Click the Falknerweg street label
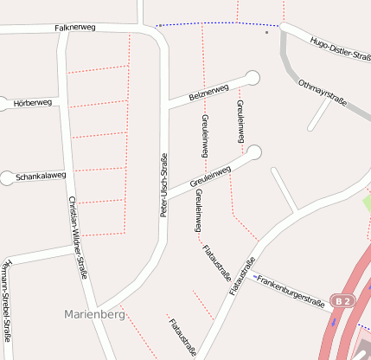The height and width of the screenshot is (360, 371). [74, 28]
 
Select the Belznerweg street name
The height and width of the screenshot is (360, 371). [209, 91]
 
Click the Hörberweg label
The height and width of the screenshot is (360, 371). [33, 103]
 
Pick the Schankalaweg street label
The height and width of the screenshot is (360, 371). [41, 175]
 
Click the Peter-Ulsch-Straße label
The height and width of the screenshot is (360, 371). [163, 184]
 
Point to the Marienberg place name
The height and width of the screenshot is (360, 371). [94, 314]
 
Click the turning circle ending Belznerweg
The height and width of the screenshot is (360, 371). [253, 78]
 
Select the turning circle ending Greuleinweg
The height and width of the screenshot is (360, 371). [253, 152]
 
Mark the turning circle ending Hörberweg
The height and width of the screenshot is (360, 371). [3, 104]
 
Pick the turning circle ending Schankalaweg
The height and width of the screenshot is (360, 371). [7, 178]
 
